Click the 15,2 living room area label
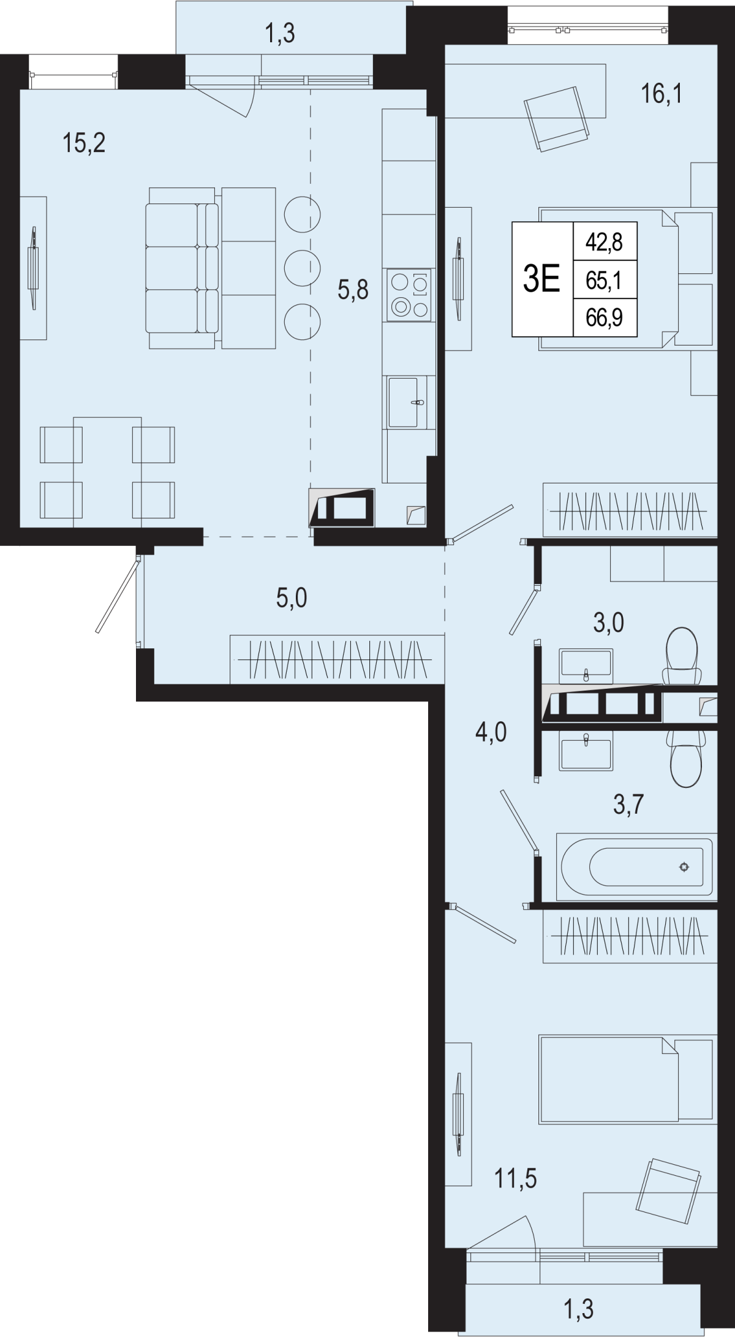click(x=85, y=144)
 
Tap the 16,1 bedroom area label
click(x=661, y=94)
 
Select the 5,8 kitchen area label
click(x=353, y=289)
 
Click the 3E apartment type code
click(x=542, y=280)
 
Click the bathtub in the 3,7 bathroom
click(x=636, y=866)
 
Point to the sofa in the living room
click(x=211, y=268)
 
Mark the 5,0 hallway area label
click(x=292, y=597)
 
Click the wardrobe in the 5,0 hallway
click(x=337, y=659)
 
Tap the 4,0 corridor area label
click(x=491, y=732)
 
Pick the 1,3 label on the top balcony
click(x=280, y=33)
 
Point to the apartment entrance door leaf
click(x=118, y=594)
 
